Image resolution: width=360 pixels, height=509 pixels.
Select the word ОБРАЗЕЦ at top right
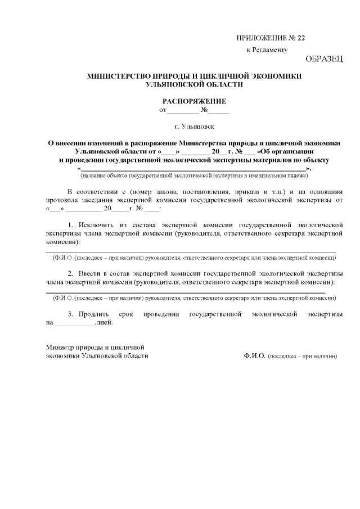point(324,59)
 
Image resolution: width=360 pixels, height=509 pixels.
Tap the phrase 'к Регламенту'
point(267,50)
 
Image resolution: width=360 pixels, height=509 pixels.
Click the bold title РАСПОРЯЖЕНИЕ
point(194,101)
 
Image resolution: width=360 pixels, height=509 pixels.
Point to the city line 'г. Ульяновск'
point(194,128)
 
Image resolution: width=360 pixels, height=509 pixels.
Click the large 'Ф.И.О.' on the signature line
point(255,356)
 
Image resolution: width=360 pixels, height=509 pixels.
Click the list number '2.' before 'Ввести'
point(71,273)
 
